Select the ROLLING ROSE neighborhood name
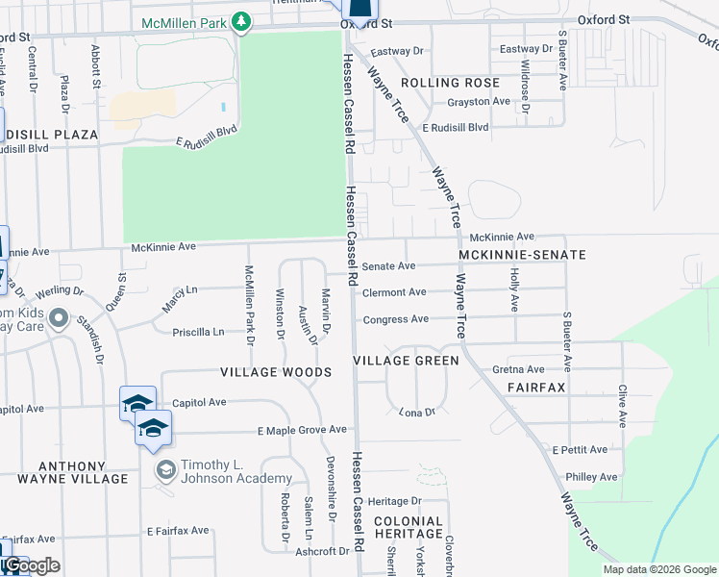[451, 83]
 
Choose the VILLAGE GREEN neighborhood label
[406, 360]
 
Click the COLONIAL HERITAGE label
[409, 527]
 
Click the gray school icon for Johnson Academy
[165, 469]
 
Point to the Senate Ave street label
[388, 265]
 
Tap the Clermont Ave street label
[394, 292]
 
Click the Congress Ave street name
[395, 319]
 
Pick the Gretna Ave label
[518, 369]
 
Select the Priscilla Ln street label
[198, 333]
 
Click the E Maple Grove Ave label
[301, 429]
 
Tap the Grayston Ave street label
[478, 101]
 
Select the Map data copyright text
[658, 569]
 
